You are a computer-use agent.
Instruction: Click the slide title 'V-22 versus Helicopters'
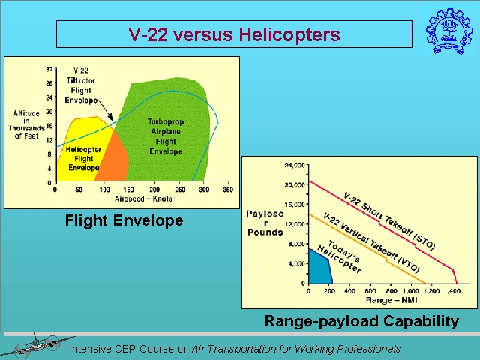[x=234, y=34]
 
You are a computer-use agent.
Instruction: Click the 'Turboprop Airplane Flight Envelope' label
[x=166, y=136]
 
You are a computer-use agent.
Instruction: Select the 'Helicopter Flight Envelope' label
[x=83, y=158]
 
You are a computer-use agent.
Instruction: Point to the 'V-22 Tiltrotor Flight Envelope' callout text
[x=81, y=85]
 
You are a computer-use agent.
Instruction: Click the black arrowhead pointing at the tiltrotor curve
[x=111, y=118]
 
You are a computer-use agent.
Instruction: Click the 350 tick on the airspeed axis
[x=228, y=190]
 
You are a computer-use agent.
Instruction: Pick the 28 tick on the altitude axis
[x=49, y=83]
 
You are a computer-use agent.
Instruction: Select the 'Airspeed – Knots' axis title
[x=143, y=199]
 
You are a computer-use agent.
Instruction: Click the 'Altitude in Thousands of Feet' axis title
[x=26, y=124]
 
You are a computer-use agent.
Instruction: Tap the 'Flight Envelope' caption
[x=124, y=220]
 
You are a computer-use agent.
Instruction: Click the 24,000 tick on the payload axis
[x=295, y=166]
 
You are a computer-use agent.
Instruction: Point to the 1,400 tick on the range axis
[x=451, y=290]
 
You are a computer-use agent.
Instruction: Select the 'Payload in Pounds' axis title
[x=265, y=223]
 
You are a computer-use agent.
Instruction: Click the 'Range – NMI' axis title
[x=391, y=300]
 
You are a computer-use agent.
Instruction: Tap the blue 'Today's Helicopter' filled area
[x=319, y=267]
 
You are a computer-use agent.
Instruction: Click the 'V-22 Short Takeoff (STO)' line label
[x=388, y=220]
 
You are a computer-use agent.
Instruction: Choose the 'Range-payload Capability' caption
[x=361, y=321]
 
